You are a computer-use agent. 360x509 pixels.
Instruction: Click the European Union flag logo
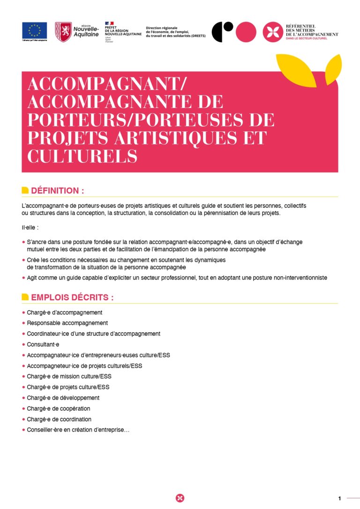34,30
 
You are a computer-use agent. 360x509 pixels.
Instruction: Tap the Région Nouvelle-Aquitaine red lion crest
63,32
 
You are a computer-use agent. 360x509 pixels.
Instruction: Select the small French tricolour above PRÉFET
109,23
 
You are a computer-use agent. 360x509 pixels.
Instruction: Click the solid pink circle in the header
246,32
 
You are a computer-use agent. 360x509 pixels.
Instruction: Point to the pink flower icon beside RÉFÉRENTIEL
272,32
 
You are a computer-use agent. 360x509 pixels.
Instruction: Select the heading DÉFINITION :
57,190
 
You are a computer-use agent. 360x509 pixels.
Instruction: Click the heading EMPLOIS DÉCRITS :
72,297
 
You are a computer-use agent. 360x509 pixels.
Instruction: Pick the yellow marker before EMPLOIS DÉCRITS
25,297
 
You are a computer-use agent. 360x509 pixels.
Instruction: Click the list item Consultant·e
43,344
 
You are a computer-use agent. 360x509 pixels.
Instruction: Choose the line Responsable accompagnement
67,323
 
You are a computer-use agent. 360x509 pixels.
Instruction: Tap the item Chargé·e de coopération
59,409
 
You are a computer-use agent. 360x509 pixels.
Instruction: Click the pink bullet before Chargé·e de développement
23,398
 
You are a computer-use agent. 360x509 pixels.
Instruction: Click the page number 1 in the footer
339,498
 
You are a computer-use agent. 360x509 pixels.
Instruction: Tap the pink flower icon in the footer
180,498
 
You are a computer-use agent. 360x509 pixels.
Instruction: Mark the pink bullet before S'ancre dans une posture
23,242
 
